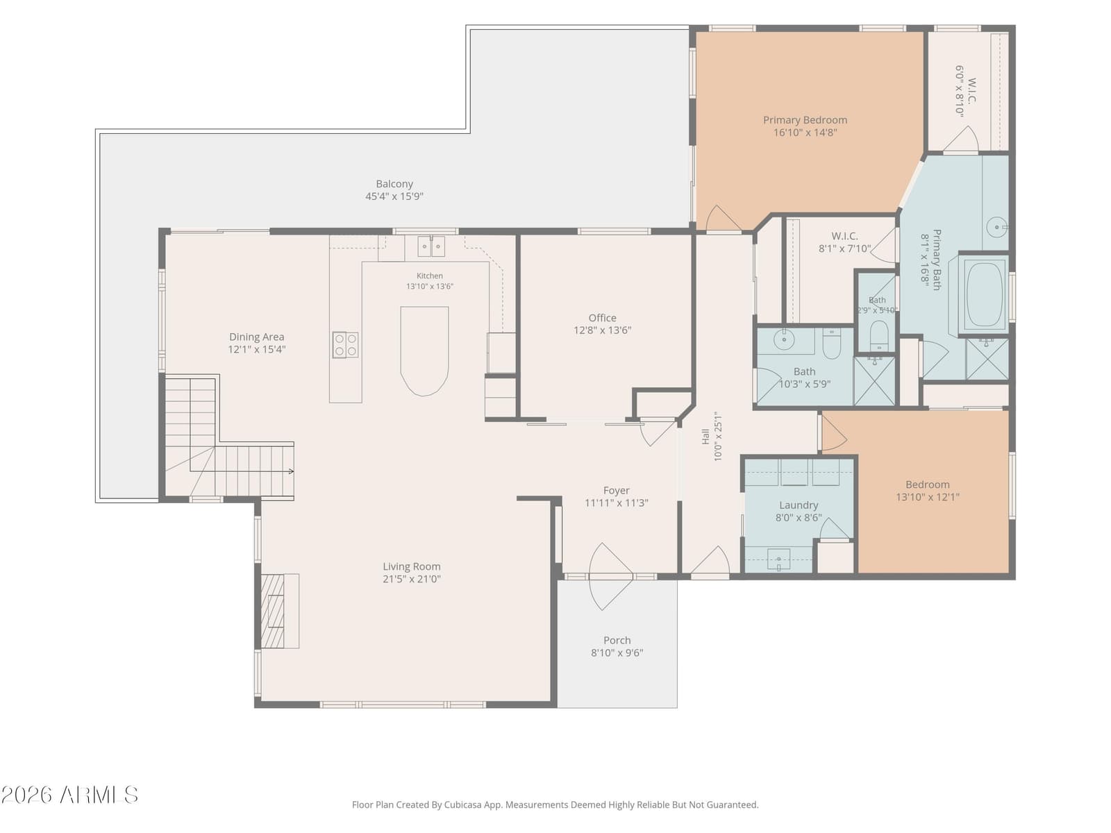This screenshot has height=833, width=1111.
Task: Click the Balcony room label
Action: pyautogui.click(x=394, y=184)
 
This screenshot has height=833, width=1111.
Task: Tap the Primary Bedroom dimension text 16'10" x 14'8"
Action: pyautogui.click(x=805, y=133)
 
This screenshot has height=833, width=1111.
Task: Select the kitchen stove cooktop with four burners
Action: pyautogui.click(x=345, y=345)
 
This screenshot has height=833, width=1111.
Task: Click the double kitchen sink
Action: pyautogui.click(x=431, y=246)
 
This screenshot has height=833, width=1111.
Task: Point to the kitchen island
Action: pyautogui.click(x=424, y=351)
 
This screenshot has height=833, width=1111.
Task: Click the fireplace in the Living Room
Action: pyautogui.click(x=280, y=610)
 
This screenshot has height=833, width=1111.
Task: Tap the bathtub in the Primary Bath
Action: pyautogui.click(x=983, y=294)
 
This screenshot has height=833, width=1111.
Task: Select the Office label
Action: pyautogui.click(x=602, y=318)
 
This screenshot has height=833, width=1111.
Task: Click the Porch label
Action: pyautogui.click(x=617, y=640)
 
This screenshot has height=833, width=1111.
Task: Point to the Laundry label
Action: pyautogui.click(x=799, y=505)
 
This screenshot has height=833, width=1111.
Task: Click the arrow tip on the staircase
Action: pyautogui.click(x=293, y=471)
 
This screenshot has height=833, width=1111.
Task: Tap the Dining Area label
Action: pyautogui.click(x=257, y=337)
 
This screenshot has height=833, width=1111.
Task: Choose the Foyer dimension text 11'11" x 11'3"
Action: pyautogui.click(x=616, y=503)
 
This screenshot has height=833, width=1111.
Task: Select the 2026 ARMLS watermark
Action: pyautogui.click(x=69, y=795)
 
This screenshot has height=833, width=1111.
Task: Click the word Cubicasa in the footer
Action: pyautogui.click(x=463, y=805)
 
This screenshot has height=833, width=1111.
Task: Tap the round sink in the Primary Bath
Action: pyautogui.click(x=996, y=227)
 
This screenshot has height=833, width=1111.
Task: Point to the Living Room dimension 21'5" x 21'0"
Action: pyautogui.click(x=412, y=579)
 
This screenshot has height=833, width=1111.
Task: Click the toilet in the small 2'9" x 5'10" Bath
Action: pyautogui.click(x=879, y=335)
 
